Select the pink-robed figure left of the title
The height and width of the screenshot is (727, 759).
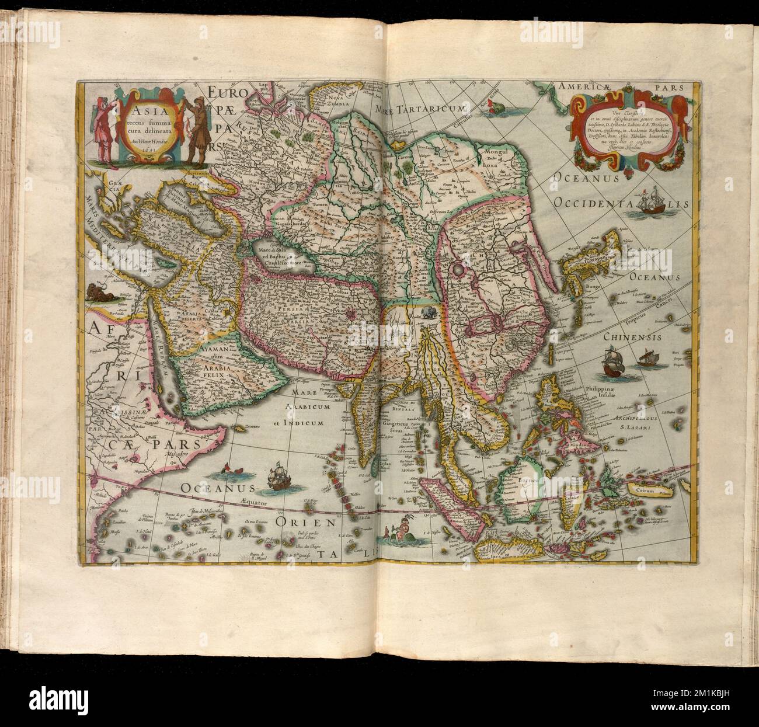pyautogui.click(x=105, y=128)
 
